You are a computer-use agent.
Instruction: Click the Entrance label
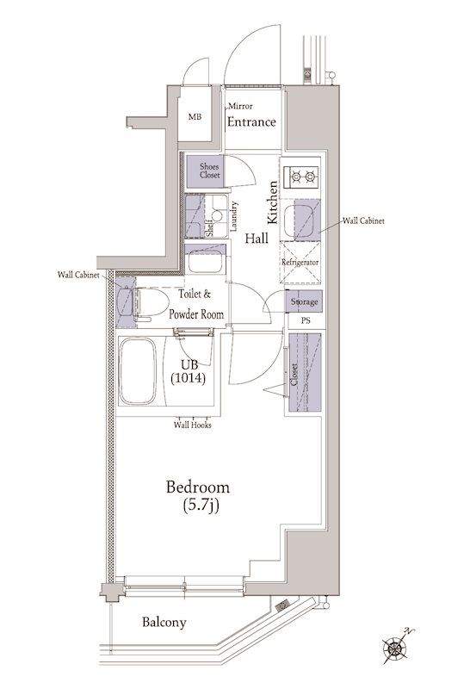(x=251, y=121)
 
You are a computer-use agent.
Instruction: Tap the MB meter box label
(x=195, y=117)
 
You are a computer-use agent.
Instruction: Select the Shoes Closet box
(x=204, y=171)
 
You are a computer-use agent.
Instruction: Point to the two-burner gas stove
(x=301, y=177)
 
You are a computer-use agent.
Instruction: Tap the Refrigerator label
(x=300, y=263)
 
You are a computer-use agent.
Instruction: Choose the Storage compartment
(x=305, y=301)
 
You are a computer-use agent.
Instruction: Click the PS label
(x=306, y=320)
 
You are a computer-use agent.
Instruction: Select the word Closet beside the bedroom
(x=294, y=374)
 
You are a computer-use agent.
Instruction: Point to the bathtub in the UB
(x=138, y=371)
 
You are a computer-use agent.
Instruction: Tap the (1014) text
(x=188, y=378)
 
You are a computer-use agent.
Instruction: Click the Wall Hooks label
(x=193, y=425)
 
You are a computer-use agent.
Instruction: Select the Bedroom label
(x=198, y=487)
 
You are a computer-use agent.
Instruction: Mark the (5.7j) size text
(x=201, y=506)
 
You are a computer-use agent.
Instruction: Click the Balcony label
(x=164, y=623)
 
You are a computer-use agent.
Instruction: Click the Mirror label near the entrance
(x=240, y=106)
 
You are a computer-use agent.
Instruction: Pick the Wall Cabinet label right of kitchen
(x=363, y=220)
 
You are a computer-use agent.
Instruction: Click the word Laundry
(x=233, y=216)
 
